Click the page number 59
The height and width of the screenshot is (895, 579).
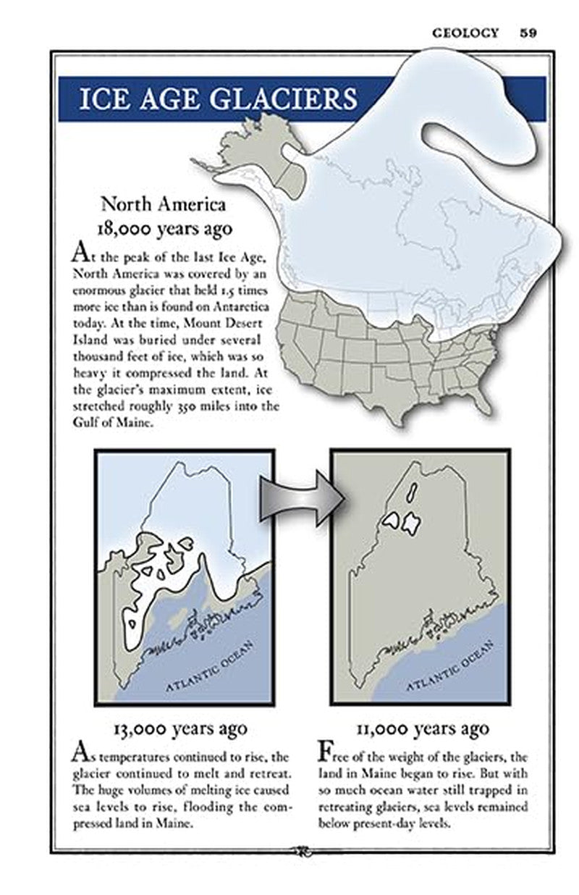tap(528, 33)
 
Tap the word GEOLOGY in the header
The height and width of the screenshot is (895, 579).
tap(465, 33)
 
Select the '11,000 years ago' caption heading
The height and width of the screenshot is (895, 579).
tap(423, 728)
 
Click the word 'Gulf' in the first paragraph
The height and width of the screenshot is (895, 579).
tap(85, 423)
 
